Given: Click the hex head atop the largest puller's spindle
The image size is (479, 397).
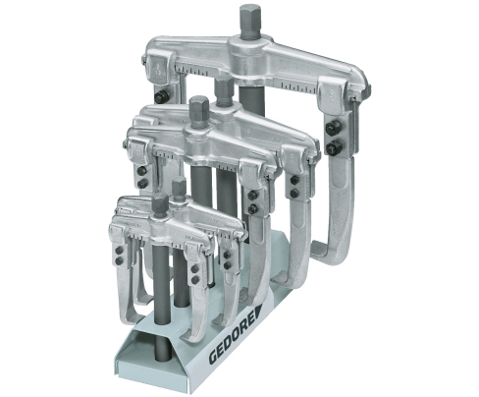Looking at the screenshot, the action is coord(248,17).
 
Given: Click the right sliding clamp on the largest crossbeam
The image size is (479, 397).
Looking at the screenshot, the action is coord(333,91).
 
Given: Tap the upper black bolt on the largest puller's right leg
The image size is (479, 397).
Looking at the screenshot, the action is coord(335,127).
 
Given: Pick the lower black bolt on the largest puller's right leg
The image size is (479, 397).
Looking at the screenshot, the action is coord(335,145).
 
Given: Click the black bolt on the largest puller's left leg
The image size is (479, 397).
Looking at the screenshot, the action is coord(160,96).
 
